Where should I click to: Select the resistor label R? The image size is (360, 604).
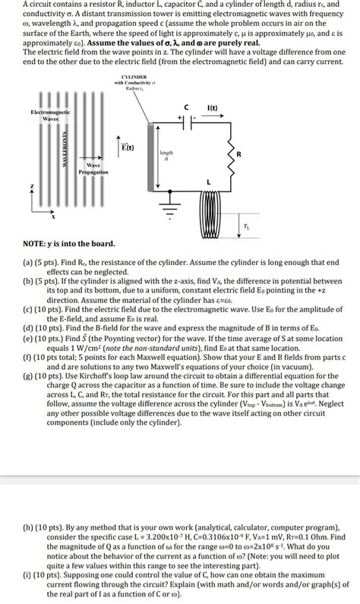click(240, 154)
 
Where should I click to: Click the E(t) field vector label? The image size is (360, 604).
click(127, 147)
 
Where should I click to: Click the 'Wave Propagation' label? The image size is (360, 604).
click(94, 168)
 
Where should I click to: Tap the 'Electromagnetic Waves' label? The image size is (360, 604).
click(50, 115)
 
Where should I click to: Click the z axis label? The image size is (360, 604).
click(31, 185)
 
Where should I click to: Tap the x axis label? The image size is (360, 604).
click(52, 217)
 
